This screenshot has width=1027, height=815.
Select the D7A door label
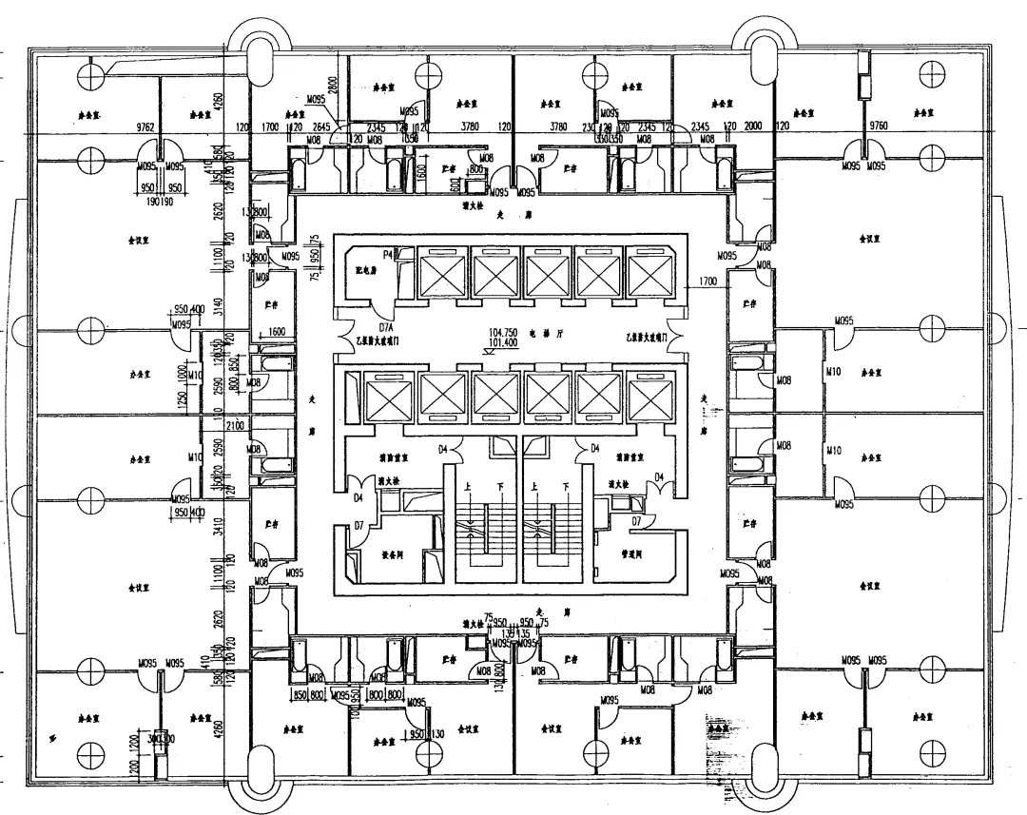click(x=384, y=327)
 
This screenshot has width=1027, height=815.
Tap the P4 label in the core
click(x=389, y=254)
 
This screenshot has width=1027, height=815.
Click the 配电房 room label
click(x=356, y=269)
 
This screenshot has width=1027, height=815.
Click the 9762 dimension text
click(x=145, y=126)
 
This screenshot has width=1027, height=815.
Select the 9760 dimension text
click(x=878, y=126)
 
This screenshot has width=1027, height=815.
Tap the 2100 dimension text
click(x=236, y=425)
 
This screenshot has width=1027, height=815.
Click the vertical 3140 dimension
click(x=218, y=306)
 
